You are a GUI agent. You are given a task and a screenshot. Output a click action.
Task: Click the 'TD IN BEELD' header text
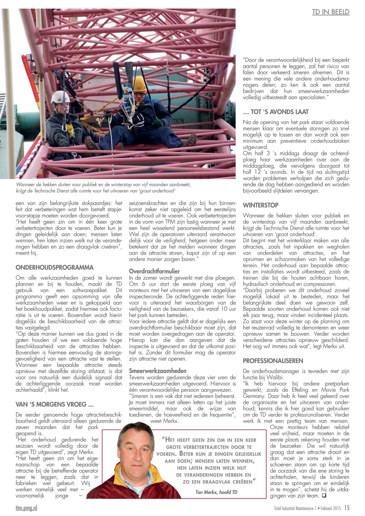pyautogui.click(x=331, y=12)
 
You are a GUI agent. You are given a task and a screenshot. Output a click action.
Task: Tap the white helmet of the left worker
pyautogui.click(x=60, y=97)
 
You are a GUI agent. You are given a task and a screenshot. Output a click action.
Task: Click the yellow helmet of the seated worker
pyautogui.click(x=140, y=84)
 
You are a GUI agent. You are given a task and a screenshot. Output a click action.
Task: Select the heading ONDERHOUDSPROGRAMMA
pyautogui.click(x=55, y=267)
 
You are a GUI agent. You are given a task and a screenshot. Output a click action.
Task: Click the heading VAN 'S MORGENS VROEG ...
pyautogui.click(x=55, y=404)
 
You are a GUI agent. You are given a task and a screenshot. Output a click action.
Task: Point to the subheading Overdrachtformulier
pyautogui.click(x=154, y=271)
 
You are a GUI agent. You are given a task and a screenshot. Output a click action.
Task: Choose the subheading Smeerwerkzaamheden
pyautogui.click(x=158, y=371)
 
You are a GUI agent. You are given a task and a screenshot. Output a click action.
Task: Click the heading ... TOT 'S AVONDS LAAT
pyautogui.click(x=276, y=112)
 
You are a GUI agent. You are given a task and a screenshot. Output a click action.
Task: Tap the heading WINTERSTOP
pyautogui.click(x=260, y=205)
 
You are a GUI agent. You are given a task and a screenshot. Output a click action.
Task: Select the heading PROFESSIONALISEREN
pyautogui.click(x=273, y=361)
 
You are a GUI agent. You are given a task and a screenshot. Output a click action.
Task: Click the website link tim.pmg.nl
pyautogui.click(x=26, y=508)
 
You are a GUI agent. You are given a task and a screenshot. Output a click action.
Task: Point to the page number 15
pyautogui.click(x=347, y=508)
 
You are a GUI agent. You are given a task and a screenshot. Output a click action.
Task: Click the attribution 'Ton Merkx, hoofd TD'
pyautogui.click(x=216, y=492)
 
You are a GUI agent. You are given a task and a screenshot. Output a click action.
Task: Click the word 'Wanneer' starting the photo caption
pyautogui.click(x=27, y=185)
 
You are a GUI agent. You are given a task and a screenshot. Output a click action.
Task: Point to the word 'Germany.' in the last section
pyautogui.click(x=255, y=396)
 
